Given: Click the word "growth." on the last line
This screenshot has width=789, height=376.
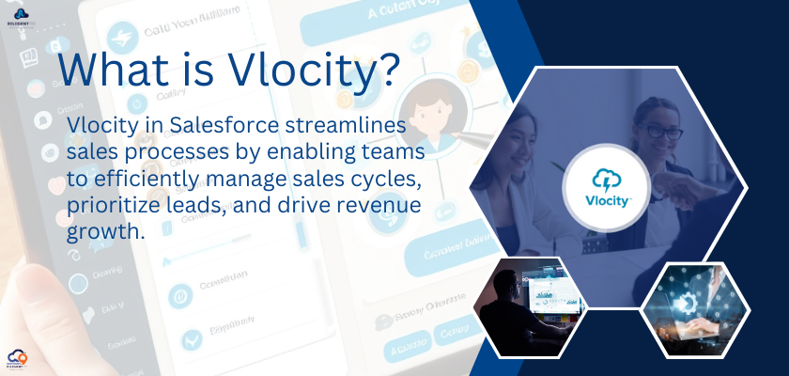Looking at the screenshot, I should pyautogui.click(x=105, y=228).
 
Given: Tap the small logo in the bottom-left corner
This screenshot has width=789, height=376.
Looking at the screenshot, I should pyautogui.click(x=19, y=359).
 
